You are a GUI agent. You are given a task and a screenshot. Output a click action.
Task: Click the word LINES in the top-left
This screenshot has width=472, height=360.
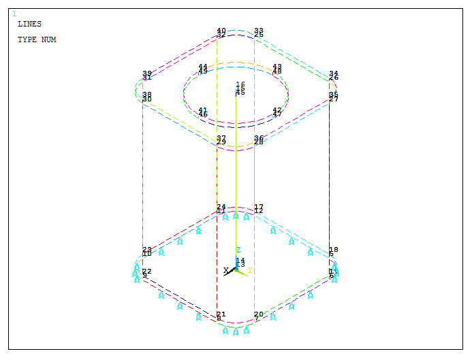pos(29,24)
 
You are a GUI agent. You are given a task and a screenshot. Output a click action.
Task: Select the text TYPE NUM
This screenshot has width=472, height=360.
pos(37,39)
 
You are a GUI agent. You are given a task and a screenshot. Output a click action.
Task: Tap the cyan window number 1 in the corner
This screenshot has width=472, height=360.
pos(14,13)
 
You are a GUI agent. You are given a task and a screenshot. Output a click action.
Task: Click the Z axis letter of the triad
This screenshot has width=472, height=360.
pos(238,250)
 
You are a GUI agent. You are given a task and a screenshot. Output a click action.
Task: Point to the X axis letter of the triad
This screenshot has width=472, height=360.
pos(226,270)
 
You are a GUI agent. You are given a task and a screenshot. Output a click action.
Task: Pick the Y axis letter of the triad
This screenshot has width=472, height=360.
pos(250,270)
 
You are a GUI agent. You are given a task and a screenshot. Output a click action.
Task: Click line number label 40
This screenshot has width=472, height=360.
pos(221,31)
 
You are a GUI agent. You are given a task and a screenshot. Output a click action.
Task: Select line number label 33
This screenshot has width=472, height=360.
pos(258,31)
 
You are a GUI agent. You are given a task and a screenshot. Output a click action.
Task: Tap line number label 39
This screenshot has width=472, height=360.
pos(146,73)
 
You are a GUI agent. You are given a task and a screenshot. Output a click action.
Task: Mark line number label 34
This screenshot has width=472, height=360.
pos(333,73)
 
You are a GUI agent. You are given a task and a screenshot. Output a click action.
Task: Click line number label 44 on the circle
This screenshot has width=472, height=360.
pos(202,67)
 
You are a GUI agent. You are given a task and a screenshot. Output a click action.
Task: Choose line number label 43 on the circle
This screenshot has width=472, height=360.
pos(277,67)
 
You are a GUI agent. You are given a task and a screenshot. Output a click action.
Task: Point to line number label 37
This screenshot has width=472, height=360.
pos(221,138)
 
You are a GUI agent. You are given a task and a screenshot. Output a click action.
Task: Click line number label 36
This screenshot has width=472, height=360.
pos(258,138)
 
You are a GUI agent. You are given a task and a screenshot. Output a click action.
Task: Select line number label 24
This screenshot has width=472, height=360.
pos(221,207)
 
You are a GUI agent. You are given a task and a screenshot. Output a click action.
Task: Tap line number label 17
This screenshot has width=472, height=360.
pos(258,207)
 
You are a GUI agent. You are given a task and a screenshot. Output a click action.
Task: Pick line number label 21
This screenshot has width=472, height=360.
pos(221,314)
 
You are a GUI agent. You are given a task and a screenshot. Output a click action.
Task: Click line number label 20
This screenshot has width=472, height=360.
pos(258,314)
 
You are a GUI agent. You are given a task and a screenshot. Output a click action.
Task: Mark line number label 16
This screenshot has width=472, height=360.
pos(240,84)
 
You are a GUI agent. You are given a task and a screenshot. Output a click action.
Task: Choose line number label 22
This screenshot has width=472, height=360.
pos(146,272)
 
